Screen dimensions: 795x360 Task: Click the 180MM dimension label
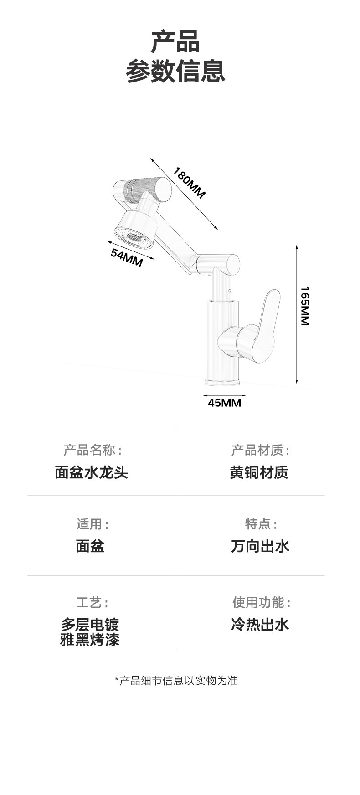(x=189, y=183)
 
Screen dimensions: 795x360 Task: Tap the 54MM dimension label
(x=127, y=258)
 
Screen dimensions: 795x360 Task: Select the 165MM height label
(x=305, y=306)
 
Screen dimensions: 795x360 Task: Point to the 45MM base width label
(x=224, y=403)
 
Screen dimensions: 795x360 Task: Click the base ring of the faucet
(x=222, y=381)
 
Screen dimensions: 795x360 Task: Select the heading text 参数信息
(x=175, y=71)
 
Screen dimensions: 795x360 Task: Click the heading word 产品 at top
(x=175, y=41)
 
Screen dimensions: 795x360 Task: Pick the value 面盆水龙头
(x=91, y=472)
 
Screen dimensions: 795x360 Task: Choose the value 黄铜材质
(x=259, y=472)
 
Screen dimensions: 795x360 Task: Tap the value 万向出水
(x=260, y=546)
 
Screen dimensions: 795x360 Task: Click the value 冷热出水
(x=260, y=624)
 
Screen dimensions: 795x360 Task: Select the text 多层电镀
(x=90, y=624)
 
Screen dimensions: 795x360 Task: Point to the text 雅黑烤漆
(x=90, y=640)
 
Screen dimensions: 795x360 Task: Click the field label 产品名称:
(x=93, y=451)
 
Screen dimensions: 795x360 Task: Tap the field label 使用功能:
(x=261, y=603)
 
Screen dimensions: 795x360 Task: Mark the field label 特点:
(x=261, y=524)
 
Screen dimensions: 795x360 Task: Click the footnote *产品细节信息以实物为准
(x=176, y=681)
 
